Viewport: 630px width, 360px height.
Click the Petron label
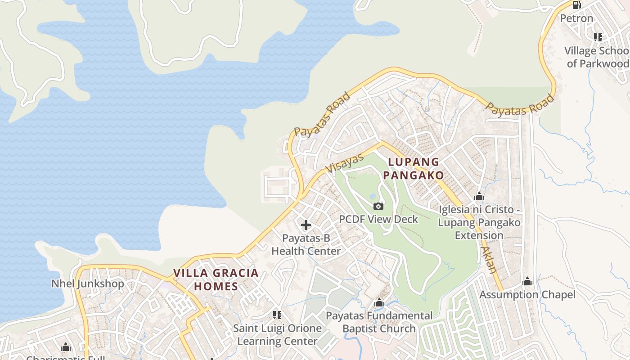[x=576, y=18]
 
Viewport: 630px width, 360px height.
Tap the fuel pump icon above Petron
[x=576, y=5]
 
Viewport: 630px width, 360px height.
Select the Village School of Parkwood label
[x=597, y=57]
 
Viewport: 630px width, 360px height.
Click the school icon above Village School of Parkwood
[x=598, y=37]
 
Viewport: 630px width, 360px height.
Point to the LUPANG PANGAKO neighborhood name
[x=414, y=168]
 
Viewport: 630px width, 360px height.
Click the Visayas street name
[x=344, y=163]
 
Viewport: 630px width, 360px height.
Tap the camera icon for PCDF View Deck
[x=378, y=206]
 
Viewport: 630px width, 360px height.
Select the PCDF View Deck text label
[x=378, y=219]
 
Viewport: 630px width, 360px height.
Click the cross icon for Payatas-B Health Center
[x=306, y=225]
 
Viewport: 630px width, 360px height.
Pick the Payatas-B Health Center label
[x=306, y=244]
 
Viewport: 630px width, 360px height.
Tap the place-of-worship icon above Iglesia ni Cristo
[x=479, y=197]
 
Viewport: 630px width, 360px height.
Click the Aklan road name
[x=489, y=260]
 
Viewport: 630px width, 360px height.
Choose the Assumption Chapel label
[x=527, y=295]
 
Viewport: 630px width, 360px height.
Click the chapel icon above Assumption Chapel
[x=527, y=282]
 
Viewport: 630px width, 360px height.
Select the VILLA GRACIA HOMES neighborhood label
[x=216, y=279]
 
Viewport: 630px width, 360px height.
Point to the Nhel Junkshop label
[x=87, y=283]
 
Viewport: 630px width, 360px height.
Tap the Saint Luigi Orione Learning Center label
[x=277, y=335]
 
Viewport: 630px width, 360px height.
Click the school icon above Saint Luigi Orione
[x=277, y=315]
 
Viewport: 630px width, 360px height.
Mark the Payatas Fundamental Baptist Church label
[x=379, y=322]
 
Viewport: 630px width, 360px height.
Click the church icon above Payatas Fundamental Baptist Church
[x=379, y=303]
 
